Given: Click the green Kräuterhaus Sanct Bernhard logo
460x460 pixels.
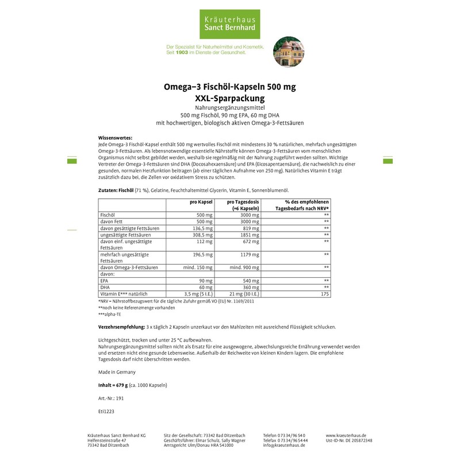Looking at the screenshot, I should click(x=229, y=21).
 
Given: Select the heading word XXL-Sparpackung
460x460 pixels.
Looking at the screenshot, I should click(x=229, y=98).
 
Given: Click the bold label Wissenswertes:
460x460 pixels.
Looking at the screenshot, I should click(x=116, y=138).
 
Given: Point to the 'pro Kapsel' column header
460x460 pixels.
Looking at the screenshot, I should click(x=201, y=202).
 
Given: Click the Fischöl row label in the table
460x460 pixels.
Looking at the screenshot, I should click(x=109, y=214).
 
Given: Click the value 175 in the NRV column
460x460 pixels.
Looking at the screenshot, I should click(x=325, y=294).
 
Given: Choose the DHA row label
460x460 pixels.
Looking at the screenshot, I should click(x=105, y=287).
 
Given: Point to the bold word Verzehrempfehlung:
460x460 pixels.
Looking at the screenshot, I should click(x=121, y=327).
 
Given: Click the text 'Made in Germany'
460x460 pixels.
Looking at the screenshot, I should click(x=117, y=372).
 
